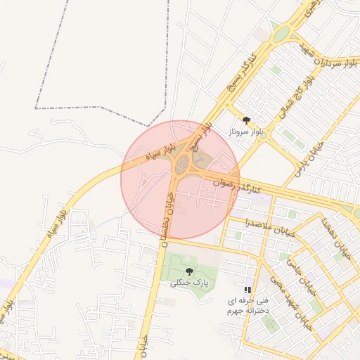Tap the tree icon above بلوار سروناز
tap(246, 120)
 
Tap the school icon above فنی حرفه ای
tap(247, 290)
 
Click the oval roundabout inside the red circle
tap(182, 165)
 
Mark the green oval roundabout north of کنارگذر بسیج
tap(281, 33)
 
